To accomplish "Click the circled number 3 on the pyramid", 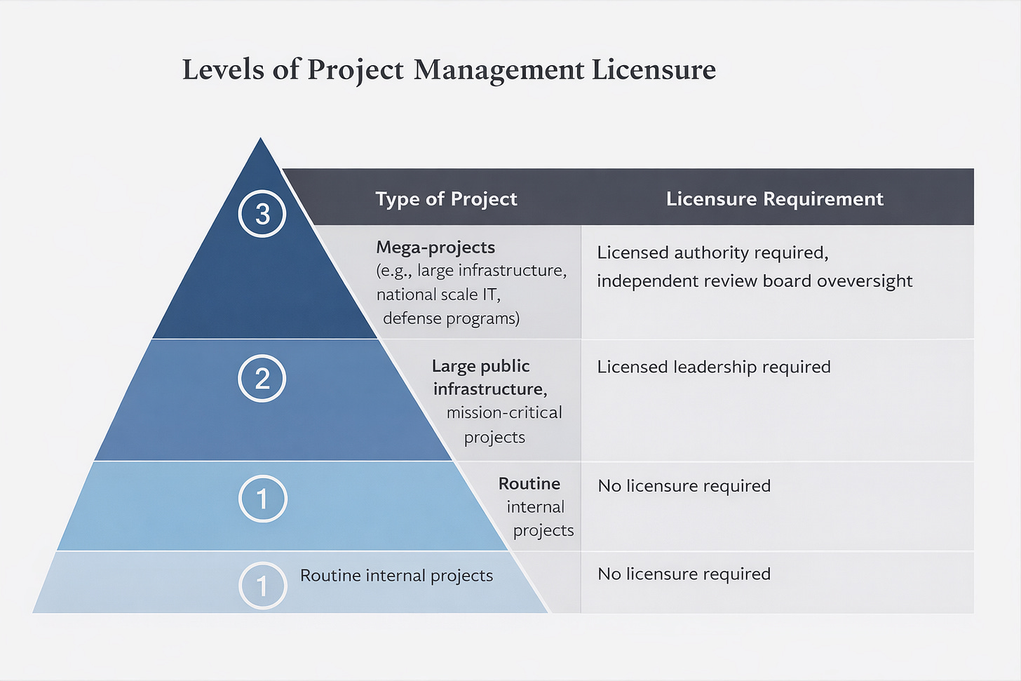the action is [x=262, y=214].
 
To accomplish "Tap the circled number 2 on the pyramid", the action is [x=262, y=379].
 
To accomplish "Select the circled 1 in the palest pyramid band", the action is [x=262, y=585].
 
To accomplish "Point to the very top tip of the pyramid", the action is [x=261, y=139].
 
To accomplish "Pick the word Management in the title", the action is [x=499, y=70].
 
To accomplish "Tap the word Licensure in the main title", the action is [x=654, y=70].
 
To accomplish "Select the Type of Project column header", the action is [x=446, y=199].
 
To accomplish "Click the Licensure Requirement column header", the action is [x=774, y=199].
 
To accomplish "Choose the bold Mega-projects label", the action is [x=435, y=248].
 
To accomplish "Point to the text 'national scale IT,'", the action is [x=438, y=295].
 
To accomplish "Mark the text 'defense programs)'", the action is [x=451, y=318].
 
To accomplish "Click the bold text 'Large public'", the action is [x=480, y=366].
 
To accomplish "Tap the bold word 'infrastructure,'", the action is [x=489, y=389].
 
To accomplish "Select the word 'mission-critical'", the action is [x=504, y=412].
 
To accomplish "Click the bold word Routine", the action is [x=529, y=484].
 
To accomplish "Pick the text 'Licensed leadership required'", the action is [x=713, y=367].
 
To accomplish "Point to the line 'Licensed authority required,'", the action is [x=712, y=252].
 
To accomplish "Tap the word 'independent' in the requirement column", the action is [x=639, y=281].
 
